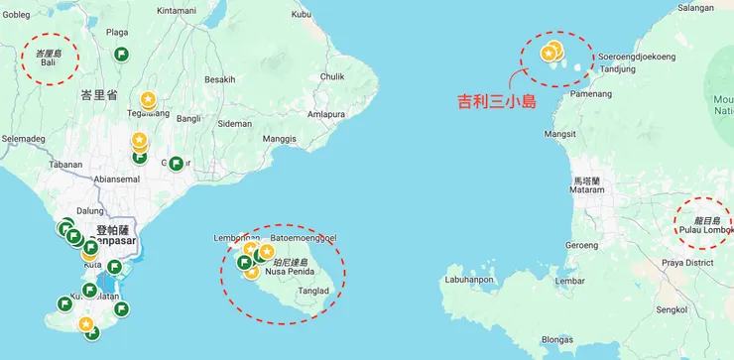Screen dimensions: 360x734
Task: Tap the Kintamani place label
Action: tap(177, 10)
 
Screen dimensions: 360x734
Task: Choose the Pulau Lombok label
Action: tap(705, 230)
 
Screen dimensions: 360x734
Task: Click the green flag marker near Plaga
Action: tap(121, 54)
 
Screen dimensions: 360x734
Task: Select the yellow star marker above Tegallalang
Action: tap(148, 99)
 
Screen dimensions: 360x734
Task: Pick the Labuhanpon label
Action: tap(470, 280)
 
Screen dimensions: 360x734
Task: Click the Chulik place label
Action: tap(332, 76)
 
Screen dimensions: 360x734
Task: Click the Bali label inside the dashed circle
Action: tap(48, 63)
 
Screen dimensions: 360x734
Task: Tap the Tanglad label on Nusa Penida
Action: tap(313, 291)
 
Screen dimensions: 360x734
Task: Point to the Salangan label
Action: tap(695, 8)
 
